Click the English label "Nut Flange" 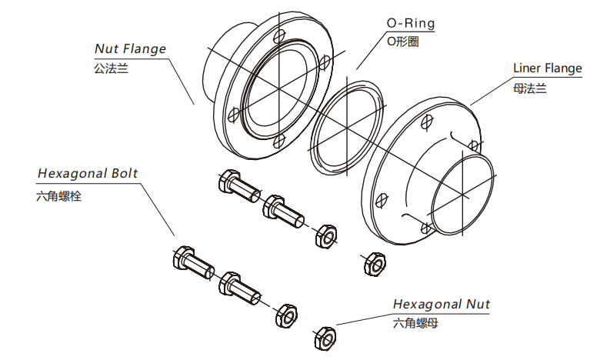click(130, 48)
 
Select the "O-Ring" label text click(410, 23)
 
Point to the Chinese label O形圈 click(402, 42)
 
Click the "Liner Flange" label click(547, 68)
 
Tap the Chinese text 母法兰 click(529, 88)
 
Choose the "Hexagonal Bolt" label click(88, 173)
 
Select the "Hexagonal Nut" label click(442, 304)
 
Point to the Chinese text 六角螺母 click(415, 324)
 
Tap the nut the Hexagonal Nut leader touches click(325, 337)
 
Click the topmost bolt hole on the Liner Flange click(428, 119)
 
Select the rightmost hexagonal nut click(373, 263)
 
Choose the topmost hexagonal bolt click(237, 185)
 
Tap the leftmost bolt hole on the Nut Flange click(232, 113)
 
